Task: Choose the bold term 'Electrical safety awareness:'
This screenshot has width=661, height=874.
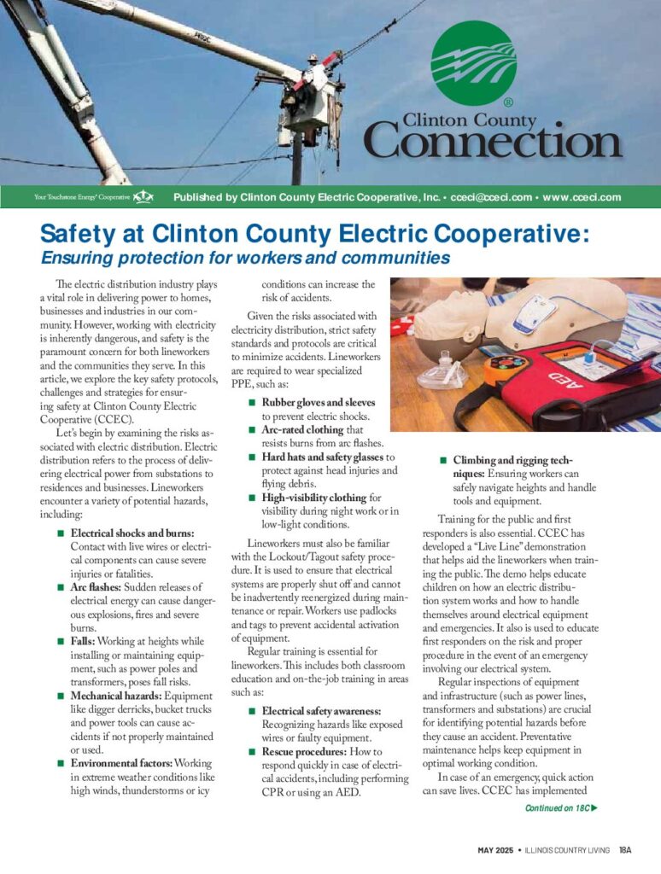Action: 321,711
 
